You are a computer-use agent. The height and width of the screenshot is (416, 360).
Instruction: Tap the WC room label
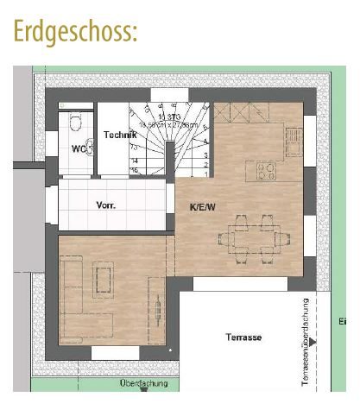coord(78,148)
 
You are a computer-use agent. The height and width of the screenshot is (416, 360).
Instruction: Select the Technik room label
coord(120,135)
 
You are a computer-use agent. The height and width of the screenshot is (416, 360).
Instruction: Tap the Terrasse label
coord(243,337)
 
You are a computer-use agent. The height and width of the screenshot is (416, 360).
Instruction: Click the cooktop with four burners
coord(265,171)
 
